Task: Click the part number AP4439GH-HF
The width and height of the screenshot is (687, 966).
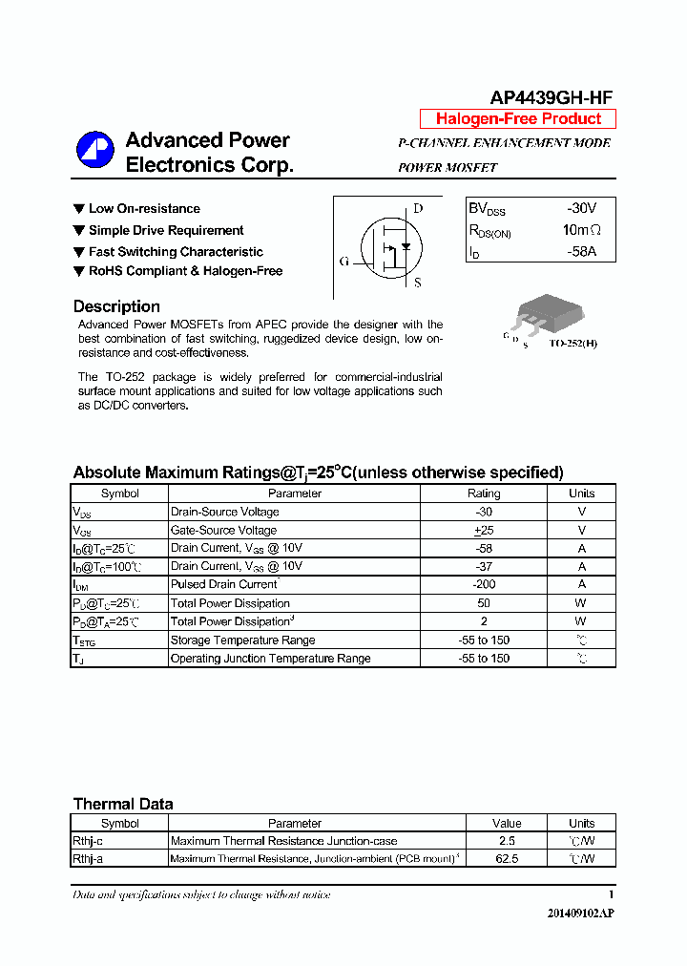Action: pyautogui.click(x=551, y=97)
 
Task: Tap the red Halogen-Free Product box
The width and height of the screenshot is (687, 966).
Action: pyautogui.click(x=518, y=119)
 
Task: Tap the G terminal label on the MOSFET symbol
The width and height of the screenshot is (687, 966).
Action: pyautogui.click(x=343, y=262)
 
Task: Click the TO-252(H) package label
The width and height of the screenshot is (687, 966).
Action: pyautogui.click(x=572, y=343)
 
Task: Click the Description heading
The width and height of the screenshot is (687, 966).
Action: pyautogui.click(x=116, y=306)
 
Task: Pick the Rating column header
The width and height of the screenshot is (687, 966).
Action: pyautogui.click(x=484, y=493)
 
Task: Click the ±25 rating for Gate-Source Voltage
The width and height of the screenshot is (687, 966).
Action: pyautogui.click(x=484, y=530)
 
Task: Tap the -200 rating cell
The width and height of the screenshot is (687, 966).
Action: pyautogui.click(x=484, y=584)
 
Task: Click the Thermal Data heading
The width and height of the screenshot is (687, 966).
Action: pyautogui.click(x=123, y=804)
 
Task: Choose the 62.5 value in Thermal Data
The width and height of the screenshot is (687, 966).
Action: pyautogui.click(x=507, y=859)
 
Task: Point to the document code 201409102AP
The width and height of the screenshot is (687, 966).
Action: pyautogui.click(x=580, y=913)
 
